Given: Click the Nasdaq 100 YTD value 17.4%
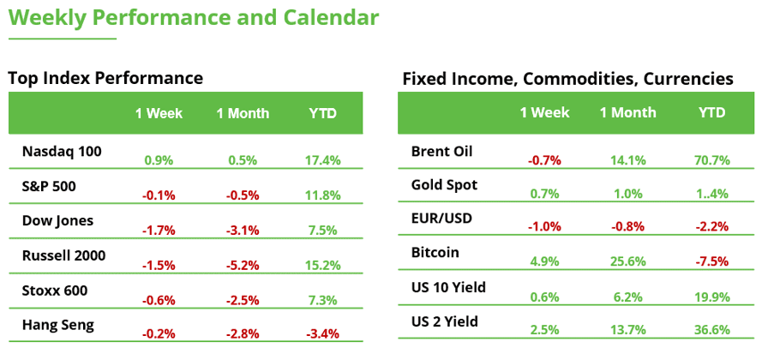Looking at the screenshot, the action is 323,160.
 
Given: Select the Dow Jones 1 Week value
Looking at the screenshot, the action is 159,230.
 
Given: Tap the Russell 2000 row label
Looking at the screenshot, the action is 63,255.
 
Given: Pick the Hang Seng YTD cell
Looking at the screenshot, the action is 323,333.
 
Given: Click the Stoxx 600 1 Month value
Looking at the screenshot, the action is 242,300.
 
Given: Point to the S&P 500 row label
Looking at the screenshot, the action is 49,186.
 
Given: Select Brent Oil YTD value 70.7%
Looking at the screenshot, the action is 711,160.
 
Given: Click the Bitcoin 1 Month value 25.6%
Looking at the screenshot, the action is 628,261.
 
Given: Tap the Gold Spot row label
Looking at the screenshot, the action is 444,185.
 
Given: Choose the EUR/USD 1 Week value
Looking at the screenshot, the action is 544,226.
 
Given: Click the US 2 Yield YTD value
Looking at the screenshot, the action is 711,329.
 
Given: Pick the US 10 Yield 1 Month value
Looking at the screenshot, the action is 628,297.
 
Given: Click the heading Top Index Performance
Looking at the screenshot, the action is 105,78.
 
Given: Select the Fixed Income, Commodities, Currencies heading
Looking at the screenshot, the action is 567,79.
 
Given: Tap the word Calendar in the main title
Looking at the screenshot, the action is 331,18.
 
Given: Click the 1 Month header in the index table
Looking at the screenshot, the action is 243,114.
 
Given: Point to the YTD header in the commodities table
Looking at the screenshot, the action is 711,112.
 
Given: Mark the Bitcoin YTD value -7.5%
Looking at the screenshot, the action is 711,261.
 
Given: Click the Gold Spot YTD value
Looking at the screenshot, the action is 711,194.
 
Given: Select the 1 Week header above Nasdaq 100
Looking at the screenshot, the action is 159,114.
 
